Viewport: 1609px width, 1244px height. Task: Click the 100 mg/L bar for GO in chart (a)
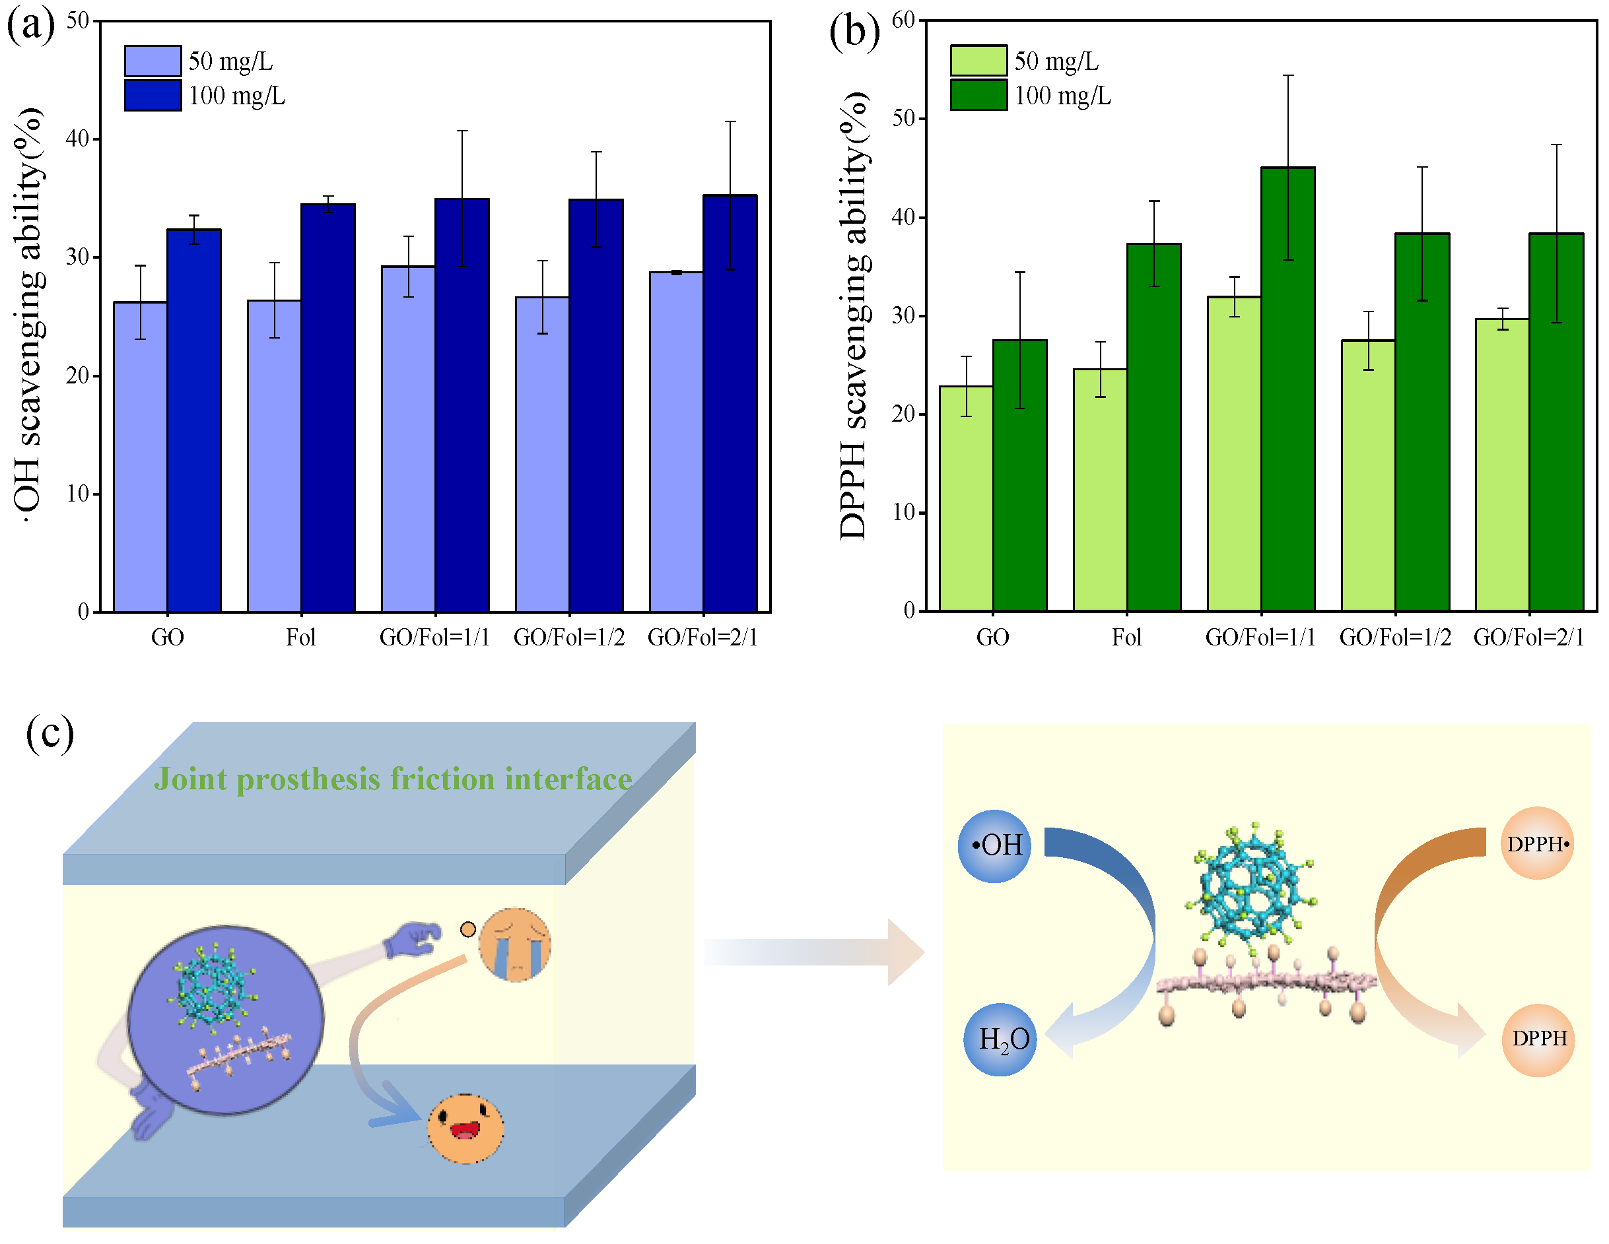pos(193,420)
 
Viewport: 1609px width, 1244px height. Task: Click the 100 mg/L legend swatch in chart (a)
pos(153,96)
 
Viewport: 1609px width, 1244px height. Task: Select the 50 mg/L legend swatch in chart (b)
pos(978,61)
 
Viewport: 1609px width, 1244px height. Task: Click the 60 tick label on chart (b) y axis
pos(903,20)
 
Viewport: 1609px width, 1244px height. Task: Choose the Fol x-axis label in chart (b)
pos(1126,637)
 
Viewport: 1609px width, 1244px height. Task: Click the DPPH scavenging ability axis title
pos(854,317)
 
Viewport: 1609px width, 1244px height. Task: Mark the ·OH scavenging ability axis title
pos(30,317)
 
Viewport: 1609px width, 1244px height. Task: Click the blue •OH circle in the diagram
pos(994,845)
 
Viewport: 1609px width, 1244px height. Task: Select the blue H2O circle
pos(1000,1039)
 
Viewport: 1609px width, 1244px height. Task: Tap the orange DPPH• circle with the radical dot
pos(1537,843)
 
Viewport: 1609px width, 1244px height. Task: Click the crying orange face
pos(515,944)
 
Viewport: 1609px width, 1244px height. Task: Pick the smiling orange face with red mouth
pos(465,1128)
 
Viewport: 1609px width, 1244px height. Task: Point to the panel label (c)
pos(50,734)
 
